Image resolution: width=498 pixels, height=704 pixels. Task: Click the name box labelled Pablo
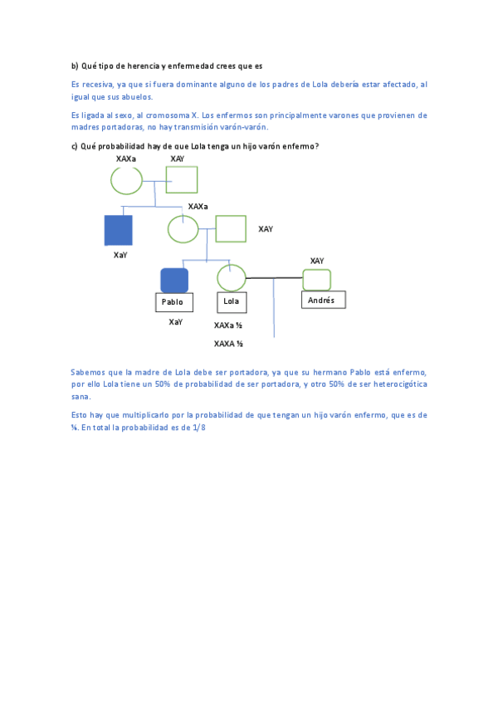click(173, 302)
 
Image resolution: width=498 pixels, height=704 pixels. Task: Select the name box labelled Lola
click(231, 301)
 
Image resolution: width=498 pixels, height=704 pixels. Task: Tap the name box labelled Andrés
click(323, 300)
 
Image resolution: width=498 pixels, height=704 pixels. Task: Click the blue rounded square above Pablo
click(174, 280)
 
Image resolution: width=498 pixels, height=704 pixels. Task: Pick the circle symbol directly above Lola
click(231, 277)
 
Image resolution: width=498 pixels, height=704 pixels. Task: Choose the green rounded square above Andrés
click(316, 279)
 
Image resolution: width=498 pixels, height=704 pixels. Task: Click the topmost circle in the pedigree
click(127, 179)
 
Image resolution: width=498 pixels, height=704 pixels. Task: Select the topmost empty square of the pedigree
click(182, 179)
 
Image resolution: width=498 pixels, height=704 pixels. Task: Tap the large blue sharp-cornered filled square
click(118, 230)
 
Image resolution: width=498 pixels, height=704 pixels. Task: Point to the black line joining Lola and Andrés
click(274, 278)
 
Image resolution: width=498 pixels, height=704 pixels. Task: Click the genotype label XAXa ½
click(228, 325)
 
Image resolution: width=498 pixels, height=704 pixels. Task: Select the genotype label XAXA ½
click(228, 343)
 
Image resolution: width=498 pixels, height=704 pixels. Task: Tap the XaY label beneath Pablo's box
click(175, 321)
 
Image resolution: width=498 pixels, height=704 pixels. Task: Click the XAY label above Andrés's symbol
click(317, 261)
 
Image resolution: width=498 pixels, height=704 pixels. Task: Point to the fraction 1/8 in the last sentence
click(217, 427)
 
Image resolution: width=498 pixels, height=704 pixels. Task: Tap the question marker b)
click(74, 66)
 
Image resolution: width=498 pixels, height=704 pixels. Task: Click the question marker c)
click(74, 146)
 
